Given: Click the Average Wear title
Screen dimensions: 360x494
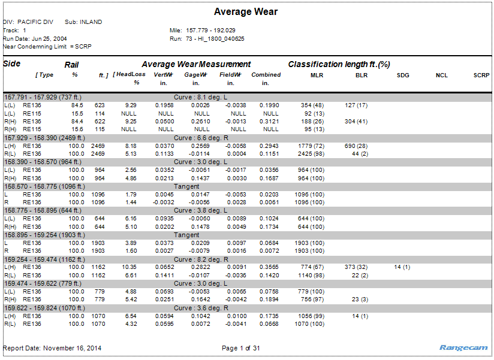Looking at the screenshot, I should tap(246, 11).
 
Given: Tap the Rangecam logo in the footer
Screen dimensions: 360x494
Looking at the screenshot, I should tap(464, 347).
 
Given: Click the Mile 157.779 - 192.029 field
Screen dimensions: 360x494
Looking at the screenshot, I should tap(203, 30).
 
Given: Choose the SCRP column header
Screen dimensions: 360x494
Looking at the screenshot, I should tap(481, 75).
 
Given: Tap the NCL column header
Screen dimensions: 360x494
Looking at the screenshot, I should tap(442, 75).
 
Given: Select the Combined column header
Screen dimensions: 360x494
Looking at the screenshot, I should tap(266, 75).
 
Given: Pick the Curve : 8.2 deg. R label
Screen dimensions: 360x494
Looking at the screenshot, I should tap(201, 259).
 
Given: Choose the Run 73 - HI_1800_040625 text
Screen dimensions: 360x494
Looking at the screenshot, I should tap(207, 38).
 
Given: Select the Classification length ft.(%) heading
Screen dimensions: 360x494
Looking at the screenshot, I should tap(339, 64).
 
